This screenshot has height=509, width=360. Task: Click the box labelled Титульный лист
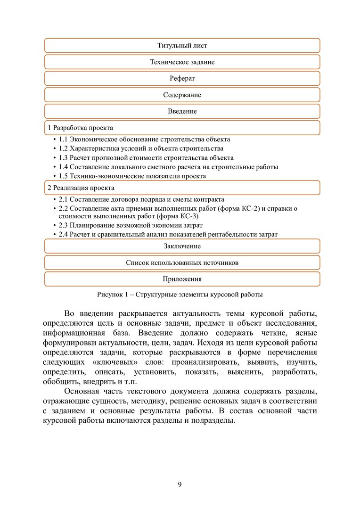[x=182, y=46]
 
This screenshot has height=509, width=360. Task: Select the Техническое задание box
[x=182, y=62]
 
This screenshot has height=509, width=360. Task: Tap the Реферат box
[x=182, y=79]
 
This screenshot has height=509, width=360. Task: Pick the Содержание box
[x=182, y=95]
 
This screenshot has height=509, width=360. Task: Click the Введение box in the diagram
[x=182, y=112]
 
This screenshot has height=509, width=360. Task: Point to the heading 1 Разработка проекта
[x=81, y=128]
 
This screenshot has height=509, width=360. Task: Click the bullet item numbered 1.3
[x=146, y=158]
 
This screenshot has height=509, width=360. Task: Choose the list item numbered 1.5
[x=132, y=176]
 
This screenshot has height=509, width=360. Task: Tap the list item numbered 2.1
[x=141, y=199]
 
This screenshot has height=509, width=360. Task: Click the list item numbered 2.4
[x=168, y=234]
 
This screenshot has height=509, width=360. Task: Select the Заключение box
[x=182, y=246]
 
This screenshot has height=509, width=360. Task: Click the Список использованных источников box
[x=182, y=263]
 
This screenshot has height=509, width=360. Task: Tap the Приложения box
[x=182, y=279]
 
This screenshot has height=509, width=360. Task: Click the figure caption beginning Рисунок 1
[x=180, y=295]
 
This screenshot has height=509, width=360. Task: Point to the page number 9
[x=180, y=484]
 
